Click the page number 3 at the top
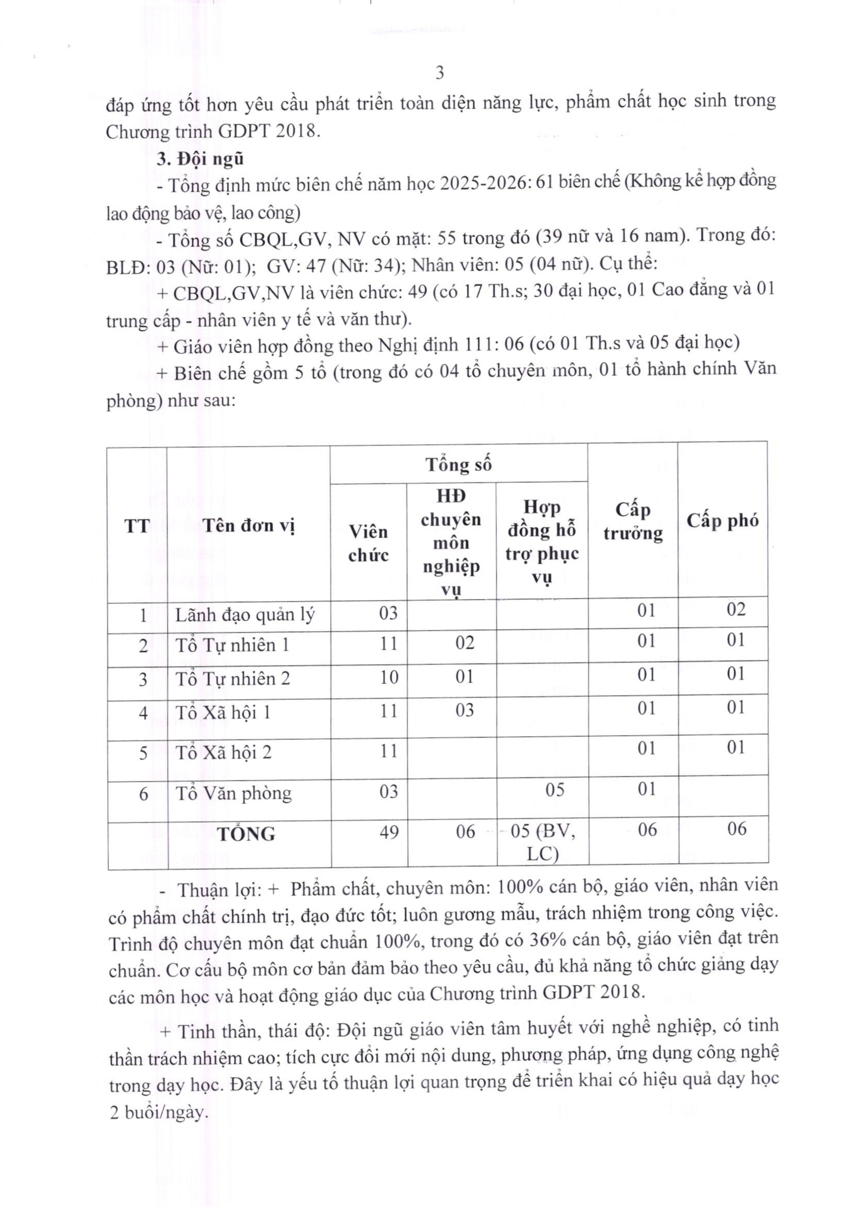pyautogui.click(x=440, y=73)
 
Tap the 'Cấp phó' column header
pyautogui.click(x=722, y=521)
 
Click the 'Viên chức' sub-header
pyautogui.click(x=368, y=544)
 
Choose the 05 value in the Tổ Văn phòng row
pyautogui.click(x=554, y=790)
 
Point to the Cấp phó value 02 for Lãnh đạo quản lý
pyautogui.click(x=736, y=609)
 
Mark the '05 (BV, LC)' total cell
pyautogui.click(x=543, y=842)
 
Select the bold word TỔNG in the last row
pyautogui.click(x=247, y=834)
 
